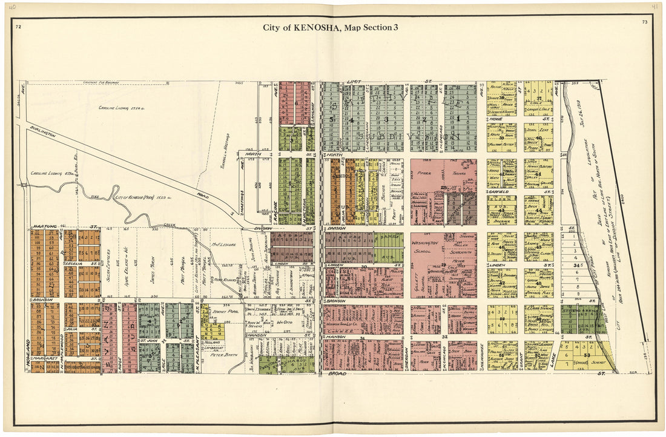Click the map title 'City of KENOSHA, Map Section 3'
(x=330, y=27)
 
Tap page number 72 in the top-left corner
(x=19, y=27)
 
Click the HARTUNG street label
(x=41, y=226)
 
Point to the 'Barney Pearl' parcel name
(x=223, y=313)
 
